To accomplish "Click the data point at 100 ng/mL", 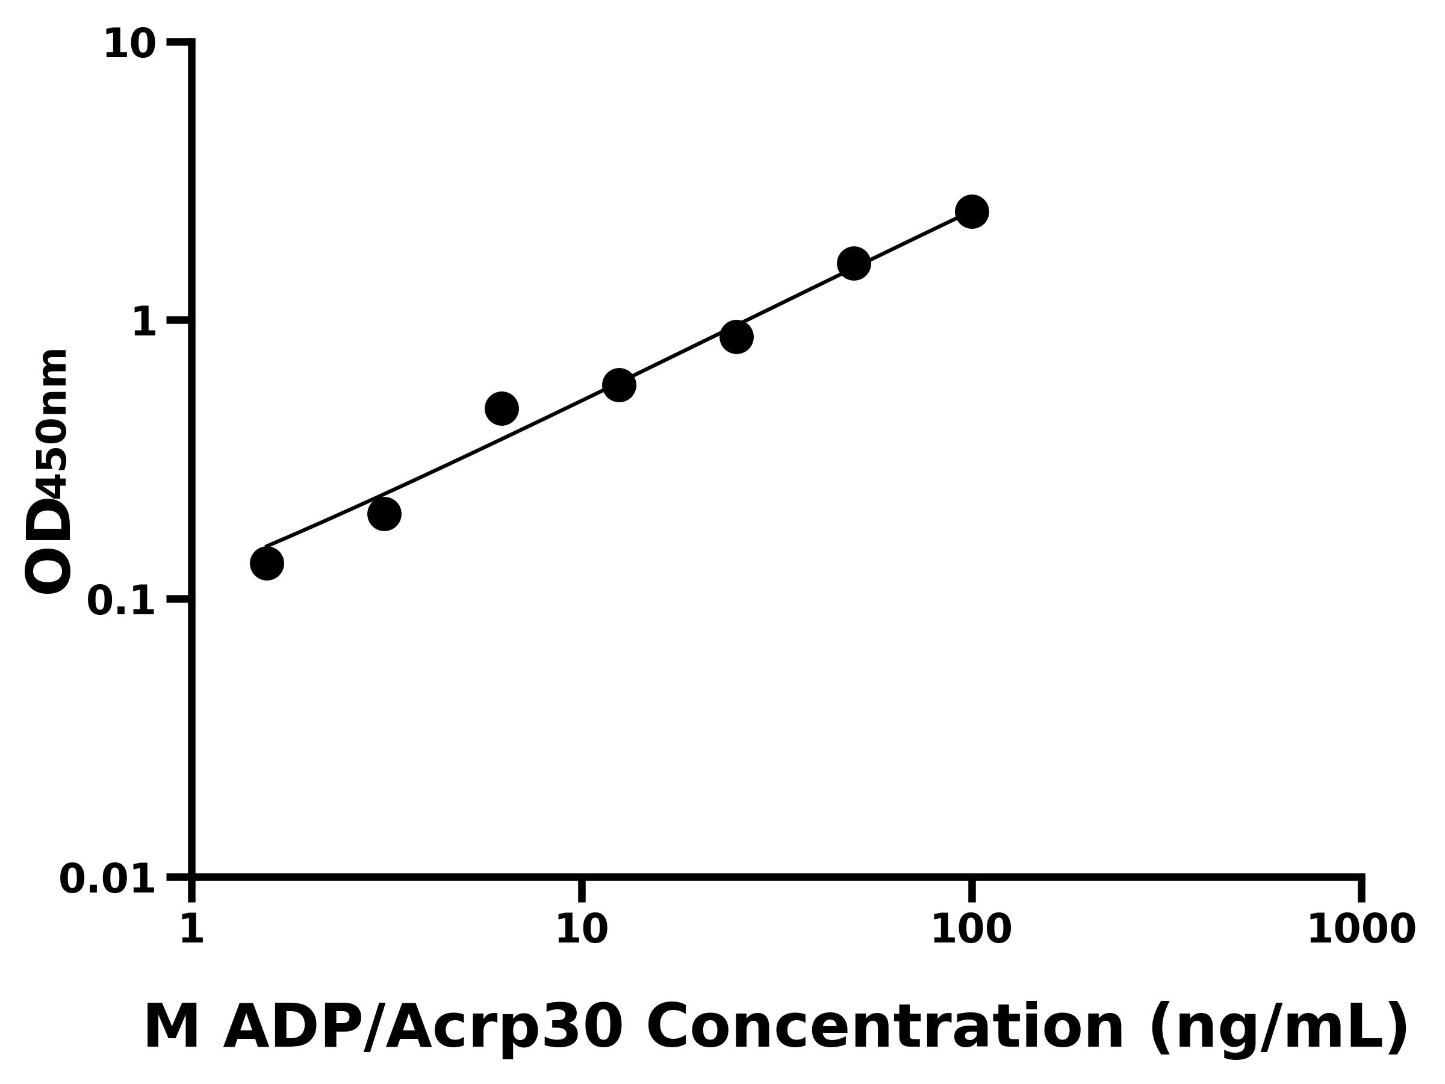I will [x=971, y=212].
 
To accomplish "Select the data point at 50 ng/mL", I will [x=854, y=264].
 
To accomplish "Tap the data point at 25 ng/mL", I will [x=737, y=337].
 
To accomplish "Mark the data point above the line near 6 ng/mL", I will [x=502, y=409].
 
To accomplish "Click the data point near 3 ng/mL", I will [x=384, y=514].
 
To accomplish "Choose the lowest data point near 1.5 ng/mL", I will [x=267, y=563].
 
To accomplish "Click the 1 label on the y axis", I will [x=144, y=323].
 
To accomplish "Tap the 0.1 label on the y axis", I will [x=122, y=601].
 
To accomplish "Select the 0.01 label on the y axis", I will [x=108, y=879].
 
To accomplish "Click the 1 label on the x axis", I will [x=192, y=929].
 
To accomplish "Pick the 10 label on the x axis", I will [x=582, y=929].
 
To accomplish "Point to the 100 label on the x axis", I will [x=971, y=929].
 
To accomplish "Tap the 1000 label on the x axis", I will [x=1361, y=929].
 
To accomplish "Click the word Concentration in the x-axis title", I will [x=885, y=1028].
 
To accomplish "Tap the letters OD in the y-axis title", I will [x=48, y=546].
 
